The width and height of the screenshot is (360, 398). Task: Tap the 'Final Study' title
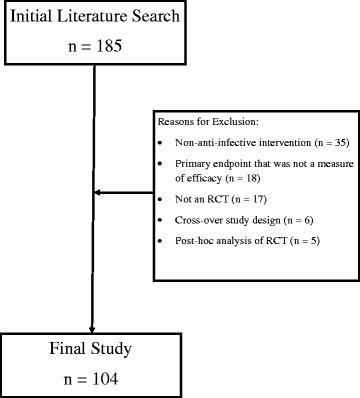(x=92, y=350)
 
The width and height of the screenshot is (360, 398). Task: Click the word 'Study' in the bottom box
(x=116, y=350)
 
